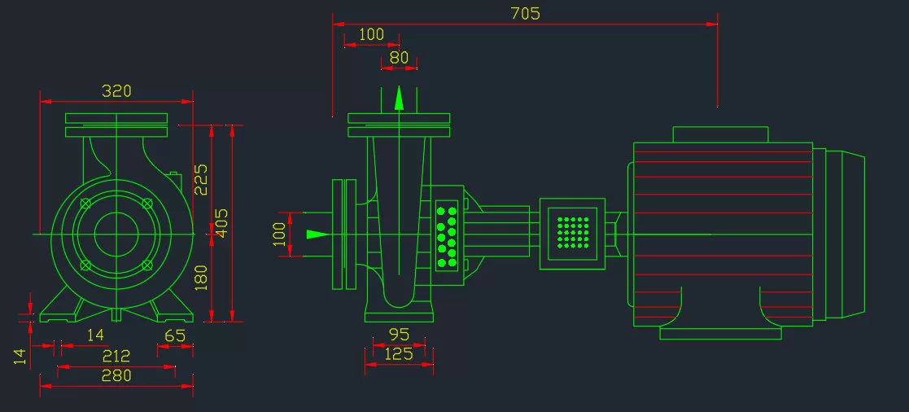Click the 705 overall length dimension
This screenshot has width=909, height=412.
pyautogui.click(x=525, y=13)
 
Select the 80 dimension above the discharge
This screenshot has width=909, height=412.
pyautogui.click(x=399, y=58)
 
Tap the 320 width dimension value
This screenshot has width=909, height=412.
pyautogui.click(x=116, y=91)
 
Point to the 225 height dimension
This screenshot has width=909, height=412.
pyautogui.click(x=201, y=179)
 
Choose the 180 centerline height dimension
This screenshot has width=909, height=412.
pyautogui.click(x=201, y=278)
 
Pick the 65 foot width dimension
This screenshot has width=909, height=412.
pyautogui.click(x=174, y=335)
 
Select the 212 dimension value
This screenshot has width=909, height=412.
pyautogui.click(x=116, y=355)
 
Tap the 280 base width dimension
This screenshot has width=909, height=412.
pyautogui.click(x=116, y=375)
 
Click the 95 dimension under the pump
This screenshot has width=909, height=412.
pyautogui.click(x=399, y=335)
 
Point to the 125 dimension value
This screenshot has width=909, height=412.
pyautogui.click(x=399, y=353)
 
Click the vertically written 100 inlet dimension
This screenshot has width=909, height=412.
pyautogui.click(x=280, y=234)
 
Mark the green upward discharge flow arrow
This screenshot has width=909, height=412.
pyautogui.click(x=399, y=98)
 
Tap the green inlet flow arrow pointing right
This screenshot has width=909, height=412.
pyautogui.click(x=317, y=234)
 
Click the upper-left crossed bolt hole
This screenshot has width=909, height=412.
pyautogui.click(x=85, y=203)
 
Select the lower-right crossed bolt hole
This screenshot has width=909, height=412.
pyautogui.click(x=147, y=265)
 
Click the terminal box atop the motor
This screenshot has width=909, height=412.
pyautogui.click(x=720, y=134)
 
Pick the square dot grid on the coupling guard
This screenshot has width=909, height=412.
pyautogui.click(x=573, y=233)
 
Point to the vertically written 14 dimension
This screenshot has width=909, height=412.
pyautogui.click(x=20, y=357)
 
